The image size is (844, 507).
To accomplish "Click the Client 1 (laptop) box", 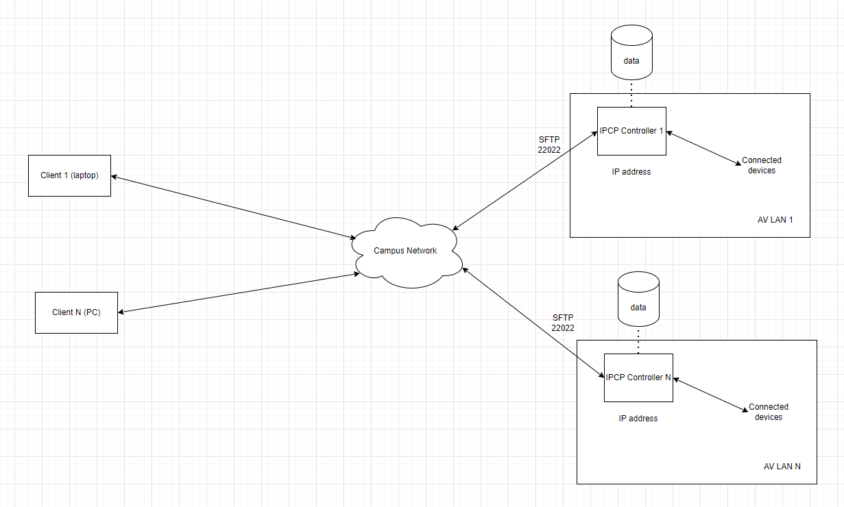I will [x=69, y=175].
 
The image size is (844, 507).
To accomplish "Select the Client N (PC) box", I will [x=76, y=312].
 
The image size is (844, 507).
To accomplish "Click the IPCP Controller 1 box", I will [x=631, y=132].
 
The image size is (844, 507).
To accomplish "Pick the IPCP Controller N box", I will [x=638, y=378].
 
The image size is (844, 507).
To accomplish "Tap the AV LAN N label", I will [x=782, y=467].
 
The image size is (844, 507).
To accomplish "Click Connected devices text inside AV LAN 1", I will [x=762, y=165].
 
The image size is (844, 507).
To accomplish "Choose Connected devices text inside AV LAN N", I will [x=768, y=412].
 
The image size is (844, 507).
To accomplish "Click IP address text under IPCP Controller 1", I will [x=631, y=172].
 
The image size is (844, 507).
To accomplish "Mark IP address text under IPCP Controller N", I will [x=638, y=419].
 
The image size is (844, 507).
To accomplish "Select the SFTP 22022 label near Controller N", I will [x=563, y=323].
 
